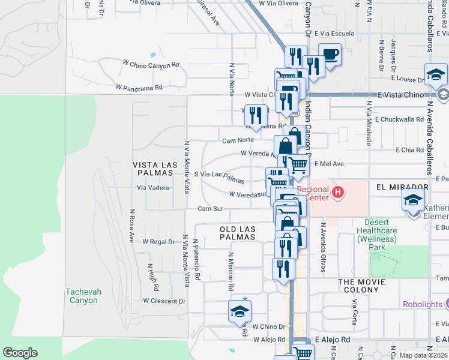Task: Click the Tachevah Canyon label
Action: pyautogui.click(x=82, y=296)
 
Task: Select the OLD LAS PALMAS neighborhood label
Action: pyautogui.click(x=238, y=233)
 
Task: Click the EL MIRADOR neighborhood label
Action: pyautogui.click(x=402, y=187)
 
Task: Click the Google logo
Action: pyautogui.click(x=20, y=353)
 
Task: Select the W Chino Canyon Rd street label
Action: pyautogui.click(x=151, y=64)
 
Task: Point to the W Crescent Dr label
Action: pyautogui.click(x=164, y=301)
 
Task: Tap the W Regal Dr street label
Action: pyautogui.click(x=158, y=242)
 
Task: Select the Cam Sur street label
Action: pyautogui.click(x=211, y=209)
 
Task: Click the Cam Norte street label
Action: pyautogui.click(x=238, y=140)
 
